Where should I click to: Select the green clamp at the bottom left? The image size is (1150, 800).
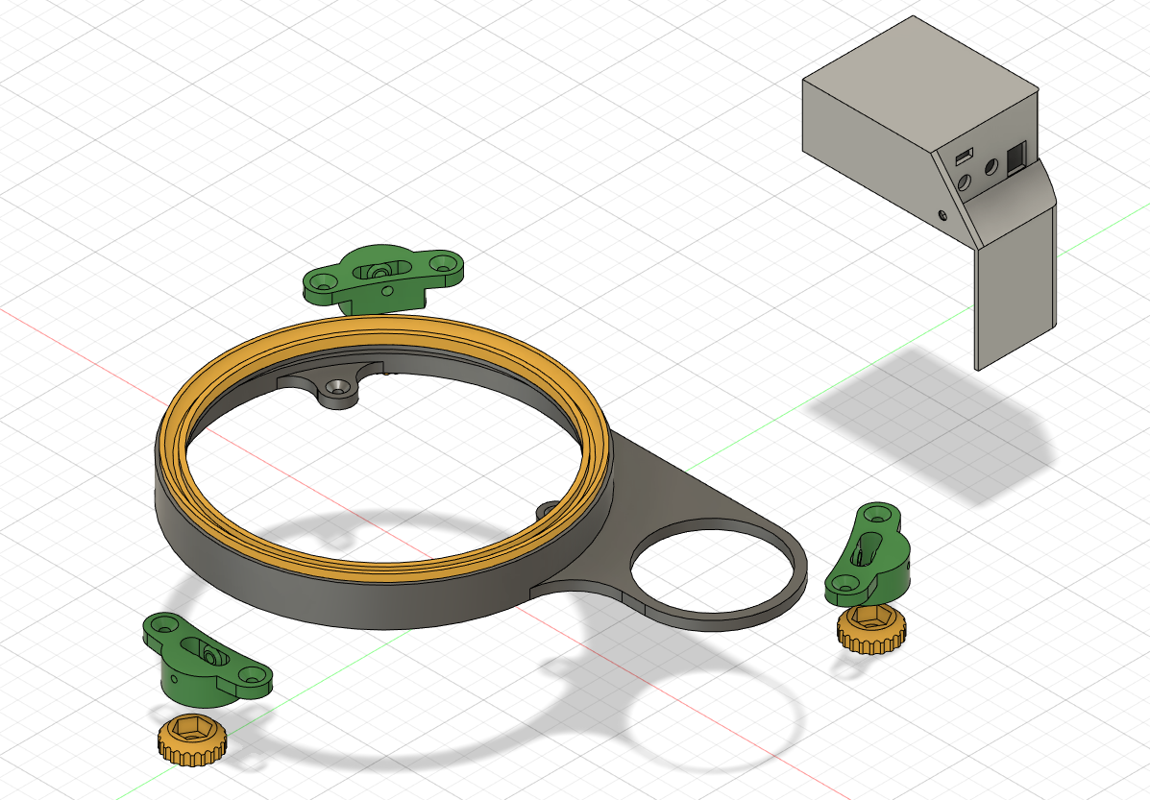point(207,660)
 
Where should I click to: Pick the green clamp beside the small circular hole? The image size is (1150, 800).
point(869,557)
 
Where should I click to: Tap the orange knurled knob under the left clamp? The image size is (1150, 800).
point(192,739)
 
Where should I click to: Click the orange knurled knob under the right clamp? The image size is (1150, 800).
point(870,630)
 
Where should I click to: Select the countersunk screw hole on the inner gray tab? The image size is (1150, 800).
point(337,387)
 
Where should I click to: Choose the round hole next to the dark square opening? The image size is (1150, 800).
point(989,169)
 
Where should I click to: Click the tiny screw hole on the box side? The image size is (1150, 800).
point(942,215)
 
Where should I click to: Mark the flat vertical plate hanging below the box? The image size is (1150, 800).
point(1015,288)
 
